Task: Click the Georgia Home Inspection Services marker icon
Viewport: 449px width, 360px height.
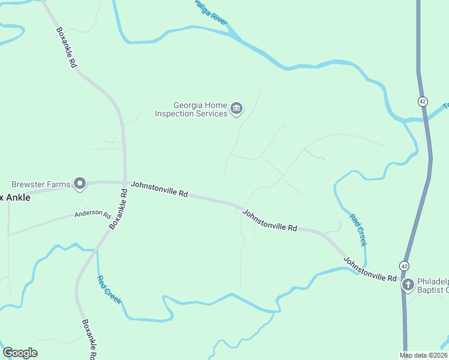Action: [x=237, y=108]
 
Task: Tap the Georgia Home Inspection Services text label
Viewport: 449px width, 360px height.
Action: [x=191, y=108]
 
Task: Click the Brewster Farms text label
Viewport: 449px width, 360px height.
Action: [x=41, y=184]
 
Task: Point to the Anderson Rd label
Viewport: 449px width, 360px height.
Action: [x=93, y=214]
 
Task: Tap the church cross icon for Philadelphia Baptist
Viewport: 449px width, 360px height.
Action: [x=408, y=284]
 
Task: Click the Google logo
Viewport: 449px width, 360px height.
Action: [x=20, y=353]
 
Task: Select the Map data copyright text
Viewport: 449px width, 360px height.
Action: [x=424, y=355]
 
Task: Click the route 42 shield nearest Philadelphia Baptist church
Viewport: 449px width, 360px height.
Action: [x=405, y=266]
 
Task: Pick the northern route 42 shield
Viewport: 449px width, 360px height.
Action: [x=423, y=101]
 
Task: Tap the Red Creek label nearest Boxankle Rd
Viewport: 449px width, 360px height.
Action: [x=109, y=289]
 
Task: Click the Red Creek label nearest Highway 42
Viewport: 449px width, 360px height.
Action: [x=358, y=230]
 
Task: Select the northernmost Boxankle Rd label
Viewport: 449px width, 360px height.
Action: [x=66, y=46]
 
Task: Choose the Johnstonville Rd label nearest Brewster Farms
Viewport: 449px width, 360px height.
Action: [x=160, y=190]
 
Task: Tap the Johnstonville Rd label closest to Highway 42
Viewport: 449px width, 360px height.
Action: [x=370, y=269]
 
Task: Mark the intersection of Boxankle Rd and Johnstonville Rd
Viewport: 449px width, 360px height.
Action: [x=125, y=182]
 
